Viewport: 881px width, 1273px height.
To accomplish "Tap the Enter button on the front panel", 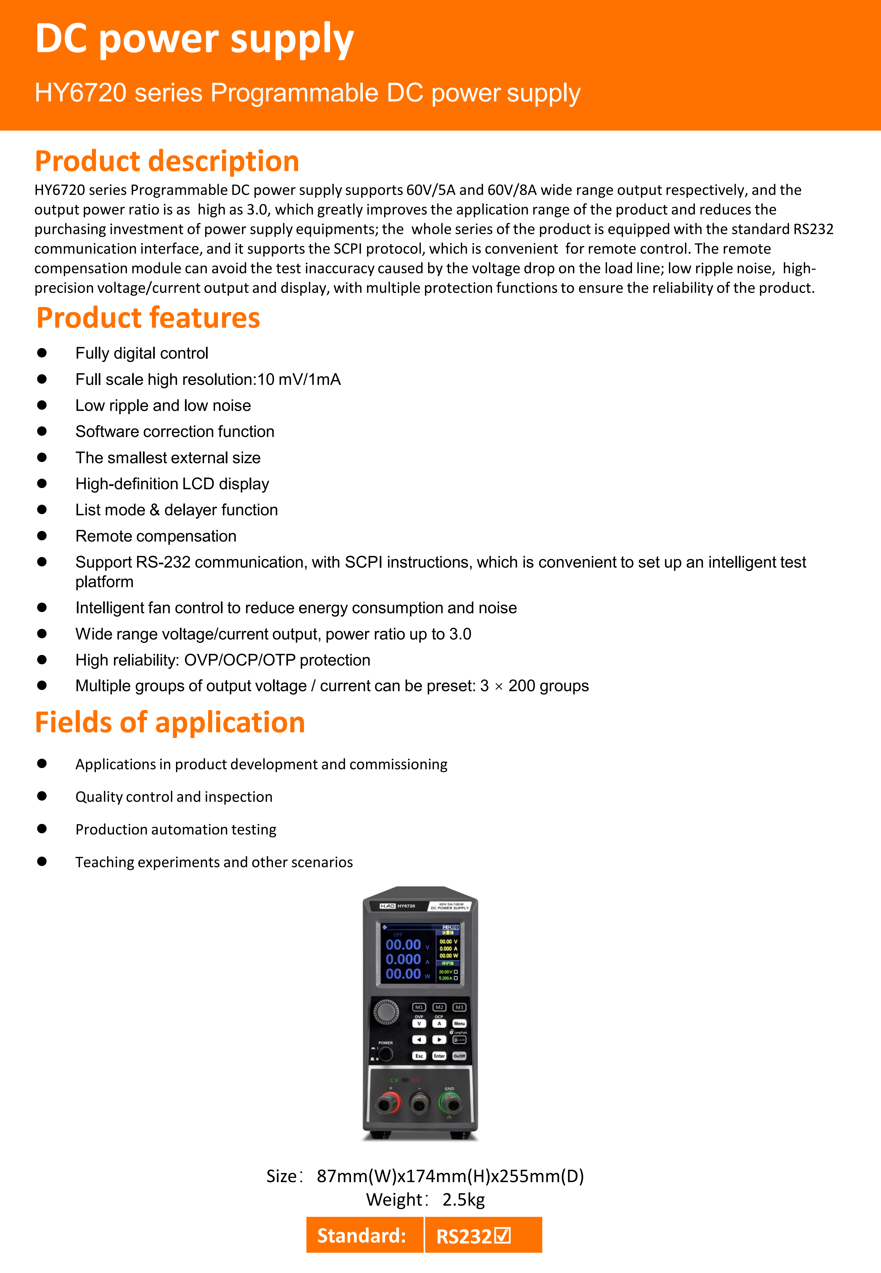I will pyautogui.click(x=439, y=1056).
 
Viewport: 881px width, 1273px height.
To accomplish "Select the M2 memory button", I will pyautogui.click(x=439, y=1007).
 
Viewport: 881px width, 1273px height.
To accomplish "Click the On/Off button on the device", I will pyautogui.click(x=459, y=1056).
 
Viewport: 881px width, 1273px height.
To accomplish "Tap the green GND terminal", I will pyautogui.click(x=450, y=1103).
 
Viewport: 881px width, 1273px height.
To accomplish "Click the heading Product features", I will pyautogui.click(x=148, y=318).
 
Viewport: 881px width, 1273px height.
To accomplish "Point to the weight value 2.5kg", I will pyautogui.click(x=464, y=1200).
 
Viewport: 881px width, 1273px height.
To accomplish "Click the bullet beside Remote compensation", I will pyautogui.click(x=42, y=536).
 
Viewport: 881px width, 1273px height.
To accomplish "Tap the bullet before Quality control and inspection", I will pyautogui.click(x=42, y=796).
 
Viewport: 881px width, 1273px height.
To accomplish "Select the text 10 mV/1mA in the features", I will pyautogui.click(x=299, y=379).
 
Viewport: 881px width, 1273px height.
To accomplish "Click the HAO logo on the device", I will pyautogui.click(x=387, y=906).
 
